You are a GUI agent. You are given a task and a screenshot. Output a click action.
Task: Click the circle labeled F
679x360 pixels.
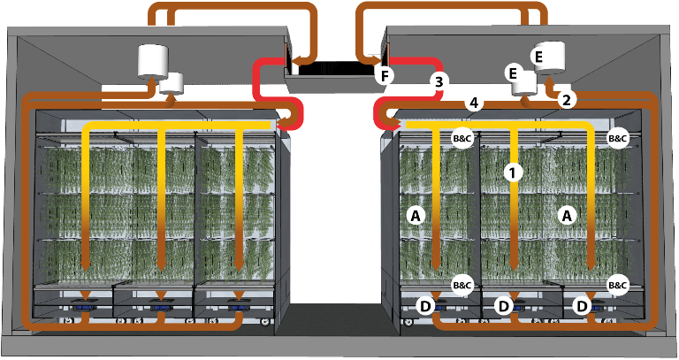click(x=383, y=75)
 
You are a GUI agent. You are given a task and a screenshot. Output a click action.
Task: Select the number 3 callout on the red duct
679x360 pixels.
click(x=437, y=82)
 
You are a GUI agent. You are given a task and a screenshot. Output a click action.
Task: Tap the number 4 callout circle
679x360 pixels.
click(x=474, y=103)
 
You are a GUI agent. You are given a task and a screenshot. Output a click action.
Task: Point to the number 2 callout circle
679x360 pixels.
click(x=566, y=99)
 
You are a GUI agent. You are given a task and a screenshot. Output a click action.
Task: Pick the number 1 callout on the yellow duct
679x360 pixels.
click(x=511, y=172)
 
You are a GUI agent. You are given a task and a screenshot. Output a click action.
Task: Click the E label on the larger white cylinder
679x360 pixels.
click(x=539, y=56)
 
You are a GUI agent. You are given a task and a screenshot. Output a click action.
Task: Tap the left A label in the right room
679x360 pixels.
click(x=412, y=214)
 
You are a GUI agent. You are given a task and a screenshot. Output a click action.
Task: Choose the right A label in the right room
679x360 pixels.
click(x=567, y=214)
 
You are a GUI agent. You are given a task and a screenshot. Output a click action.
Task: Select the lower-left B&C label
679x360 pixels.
click(x=462, y=285)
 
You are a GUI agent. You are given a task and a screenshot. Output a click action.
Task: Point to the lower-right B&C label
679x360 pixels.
click(x=618, y=285)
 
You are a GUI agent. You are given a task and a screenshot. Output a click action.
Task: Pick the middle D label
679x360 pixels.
click(x=503, y=307)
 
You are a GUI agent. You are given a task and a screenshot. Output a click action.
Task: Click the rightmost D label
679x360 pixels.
click(x=581, y=307)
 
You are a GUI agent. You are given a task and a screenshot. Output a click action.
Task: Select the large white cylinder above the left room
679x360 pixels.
click(x=158, y=60)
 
